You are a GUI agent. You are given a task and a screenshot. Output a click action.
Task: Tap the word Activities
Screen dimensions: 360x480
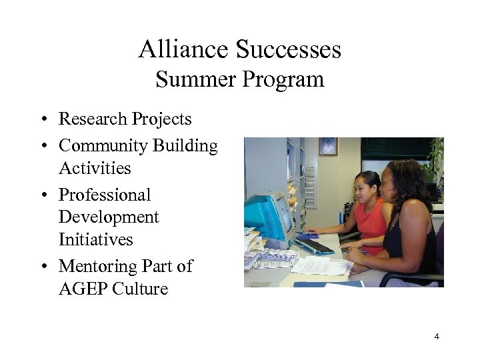pos(95,169)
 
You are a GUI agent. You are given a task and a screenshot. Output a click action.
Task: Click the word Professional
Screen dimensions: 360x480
pos(105,195)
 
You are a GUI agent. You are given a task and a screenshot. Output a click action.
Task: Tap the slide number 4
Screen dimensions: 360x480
pos(437,337)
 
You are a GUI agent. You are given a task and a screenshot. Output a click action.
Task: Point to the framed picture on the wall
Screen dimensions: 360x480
pos(328,146)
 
